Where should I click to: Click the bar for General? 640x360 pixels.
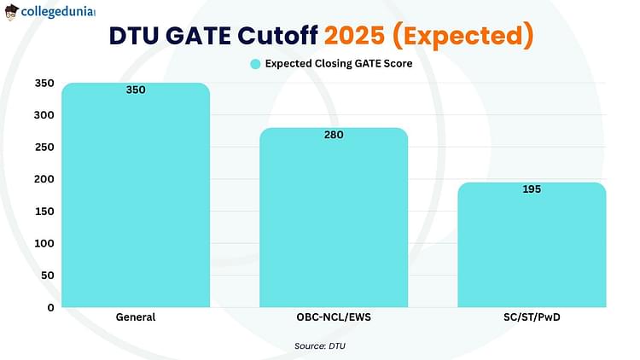136,195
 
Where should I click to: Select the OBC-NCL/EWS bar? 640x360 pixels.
334,218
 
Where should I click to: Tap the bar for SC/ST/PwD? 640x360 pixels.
532,245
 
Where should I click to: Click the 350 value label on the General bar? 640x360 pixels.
136,90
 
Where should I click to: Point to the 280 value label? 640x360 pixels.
334,135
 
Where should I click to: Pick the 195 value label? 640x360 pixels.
532,189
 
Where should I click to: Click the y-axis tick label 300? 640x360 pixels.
44,115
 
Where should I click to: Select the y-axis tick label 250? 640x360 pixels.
44,147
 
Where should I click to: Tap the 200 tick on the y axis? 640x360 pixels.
44,179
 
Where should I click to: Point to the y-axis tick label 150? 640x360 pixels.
44,212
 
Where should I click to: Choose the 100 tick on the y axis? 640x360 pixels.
44,243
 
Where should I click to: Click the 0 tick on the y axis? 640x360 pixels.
50,308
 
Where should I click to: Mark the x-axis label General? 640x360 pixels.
136,317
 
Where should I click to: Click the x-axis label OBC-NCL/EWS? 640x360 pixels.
334,317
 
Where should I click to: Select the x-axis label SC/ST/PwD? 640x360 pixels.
532,317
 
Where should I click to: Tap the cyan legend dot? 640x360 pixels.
255,64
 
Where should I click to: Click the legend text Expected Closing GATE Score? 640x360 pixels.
339,64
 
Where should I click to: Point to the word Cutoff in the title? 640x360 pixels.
277,36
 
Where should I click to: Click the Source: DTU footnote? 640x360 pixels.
320,346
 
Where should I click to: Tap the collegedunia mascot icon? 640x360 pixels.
12,12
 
